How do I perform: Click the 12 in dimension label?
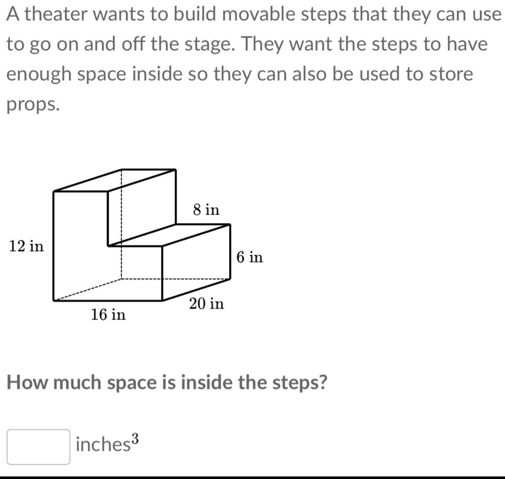[x=27, y=246]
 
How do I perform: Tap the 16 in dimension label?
[x=108, y=314]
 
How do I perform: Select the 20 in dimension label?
[x=207, y=303]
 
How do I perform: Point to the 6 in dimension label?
[x=250, y=257]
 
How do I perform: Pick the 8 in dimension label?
[x=206, y=210]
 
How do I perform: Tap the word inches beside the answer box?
[x=103, y=444]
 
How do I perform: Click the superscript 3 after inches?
[x=136, y=438]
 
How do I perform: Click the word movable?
[x=258, y=14]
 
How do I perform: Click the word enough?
[x=39, y=75]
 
